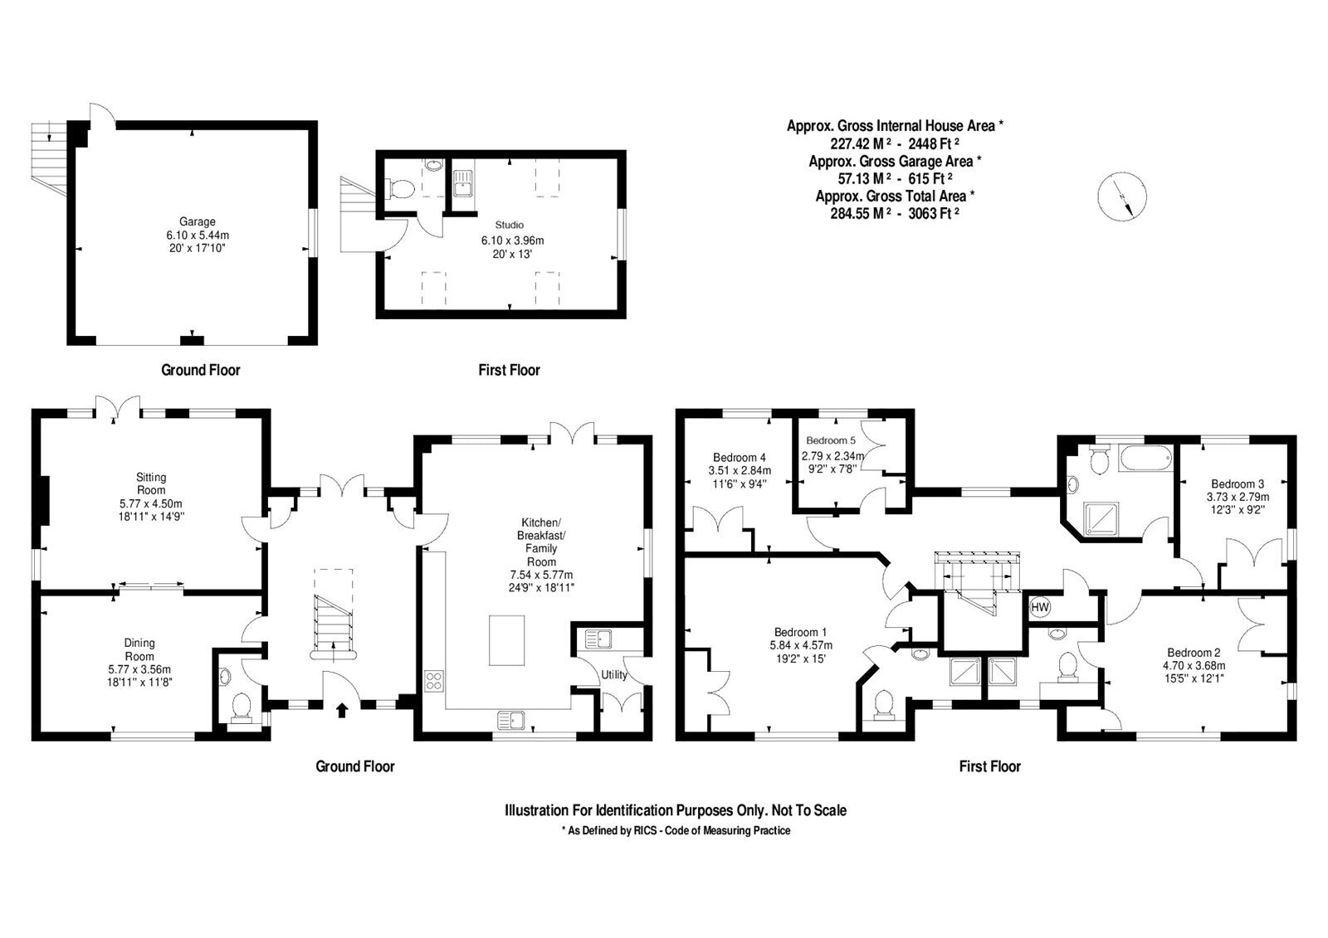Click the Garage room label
(x=198, y=221)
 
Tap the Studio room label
(x=510, y=225)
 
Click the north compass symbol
(x=1121, y=197)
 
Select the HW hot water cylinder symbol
(x=1040, y=607)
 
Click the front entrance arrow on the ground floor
(x=342, y=710)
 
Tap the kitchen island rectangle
(x=507, y=640)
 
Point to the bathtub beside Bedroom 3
(x=1146, y=459)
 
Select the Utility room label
(x=613, y=675)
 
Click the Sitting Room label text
(x=151, y=484)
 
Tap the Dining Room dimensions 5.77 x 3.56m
(x=139, y=669)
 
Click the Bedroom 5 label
(x=831, y=440)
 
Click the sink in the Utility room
(x=598, y=639)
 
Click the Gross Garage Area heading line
(x=895, y=161)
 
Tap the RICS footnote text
(x=676, y=831)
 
